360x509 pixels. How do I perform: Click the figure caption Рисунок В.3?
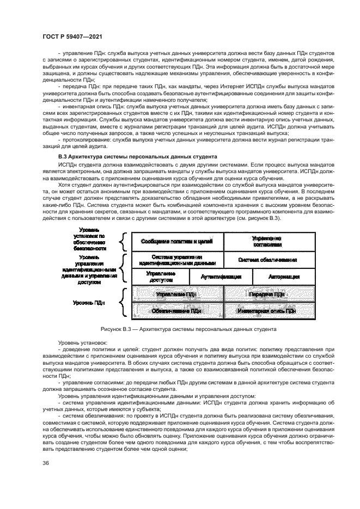coord(189,329)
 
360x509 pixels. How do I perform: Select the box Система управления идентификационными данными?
coord(178,259)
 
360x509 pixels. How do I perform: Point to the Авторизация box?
coord(284,277)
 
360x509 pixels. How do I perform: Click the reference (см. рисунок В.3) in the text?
coord(279,218)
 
